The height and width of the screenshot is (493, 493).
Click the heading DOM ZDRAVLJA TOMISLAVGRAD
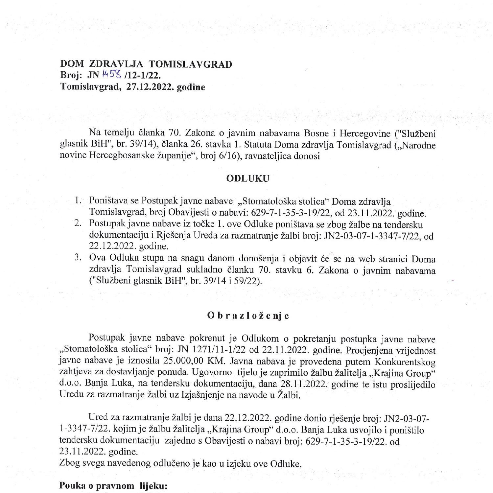(x=146, y=64)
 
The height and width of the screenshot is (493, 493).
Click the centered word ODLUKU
(x=247, y=178)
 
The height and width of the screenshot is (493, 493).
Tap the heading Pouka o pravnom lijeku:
(x=113, y=486)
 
